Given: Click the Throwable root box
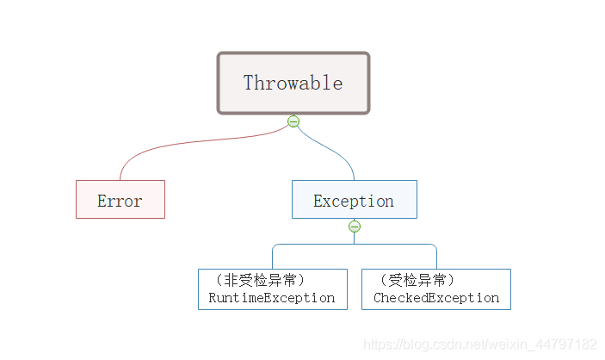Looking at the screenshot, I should coord(293,83).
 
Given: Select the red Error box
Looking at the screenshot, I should coord(120,199).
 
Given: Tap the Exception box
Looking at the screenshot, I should coord(354,199).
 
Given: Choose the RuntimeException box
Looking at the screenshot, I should coord(272,289).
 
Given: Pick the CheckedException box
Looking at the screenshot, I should coord(435,289).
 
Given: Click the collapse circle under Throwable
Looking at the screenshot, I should coord(293,121).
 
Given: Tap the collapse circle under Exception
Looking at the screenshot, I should coord(354,227).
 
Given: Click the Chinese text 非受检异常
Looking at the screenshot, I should coord(263,280).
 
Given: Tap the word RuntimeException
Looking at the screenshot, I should coord(272,298).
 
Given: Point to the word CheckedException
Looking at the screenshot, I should coord(436,298).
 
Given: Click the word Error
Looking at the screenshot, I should coord(120,202).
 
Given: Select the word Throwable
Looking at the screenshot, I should coord(293,84).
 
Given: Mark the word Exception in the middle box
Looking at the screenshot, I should coord(354,202).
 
